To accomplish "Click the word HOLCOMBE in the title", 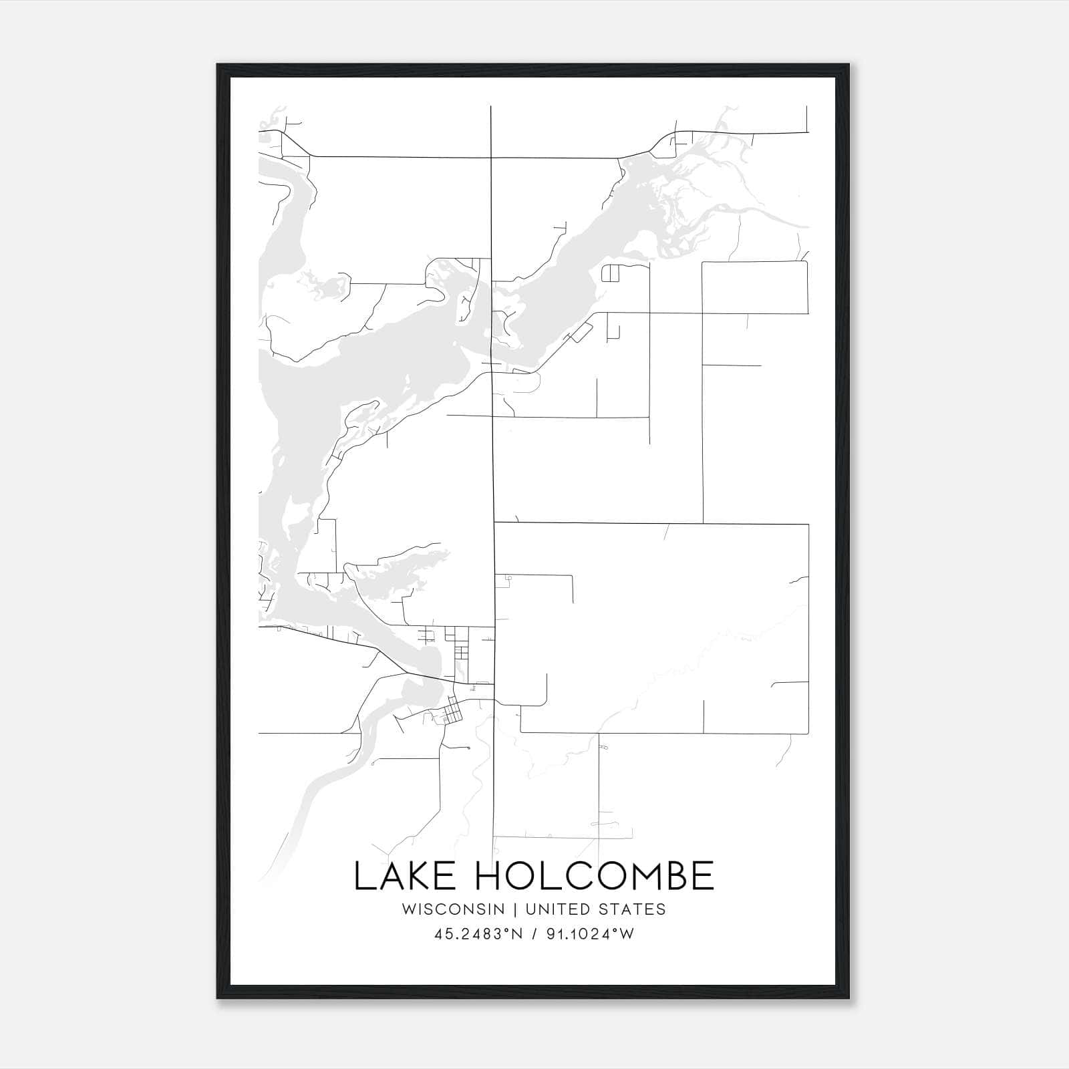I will click(595, 876).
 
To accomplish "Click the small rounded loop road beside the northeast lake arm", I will click(611, 273).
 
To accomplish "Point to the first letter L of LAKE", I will click(362, 876).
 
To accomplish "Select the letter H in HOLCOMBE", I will click(489, 876).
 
